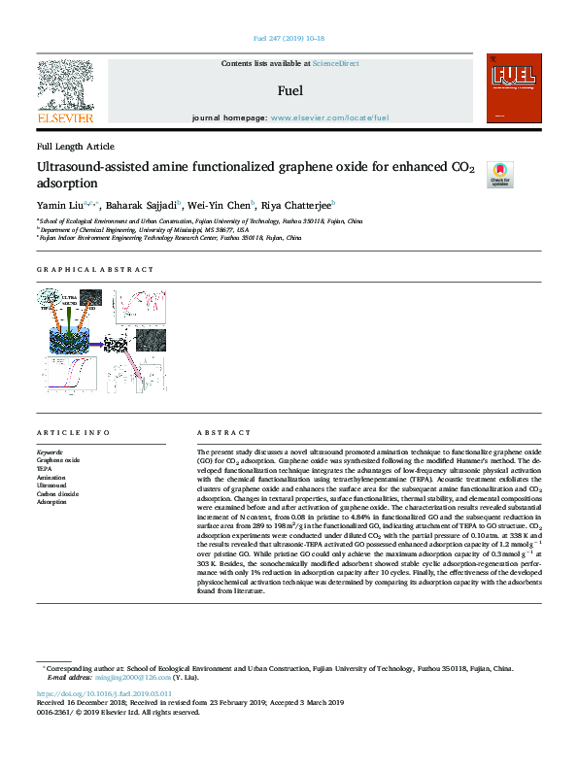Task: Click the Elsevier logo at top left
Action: [x=65, y=91]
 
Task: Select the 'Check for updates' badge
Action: [x=498, y=174]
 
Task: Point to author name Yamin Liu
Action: [x=58, y=205]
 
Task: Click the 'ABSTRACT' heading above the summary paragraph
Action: [x=218, y=432]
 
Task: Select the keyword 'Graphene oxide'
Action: [x=58, y=459]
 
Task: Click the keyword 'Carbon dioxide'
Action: [x=57, y=494]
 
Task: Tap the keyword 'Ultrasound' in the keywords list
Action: [x=52, y=486]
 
